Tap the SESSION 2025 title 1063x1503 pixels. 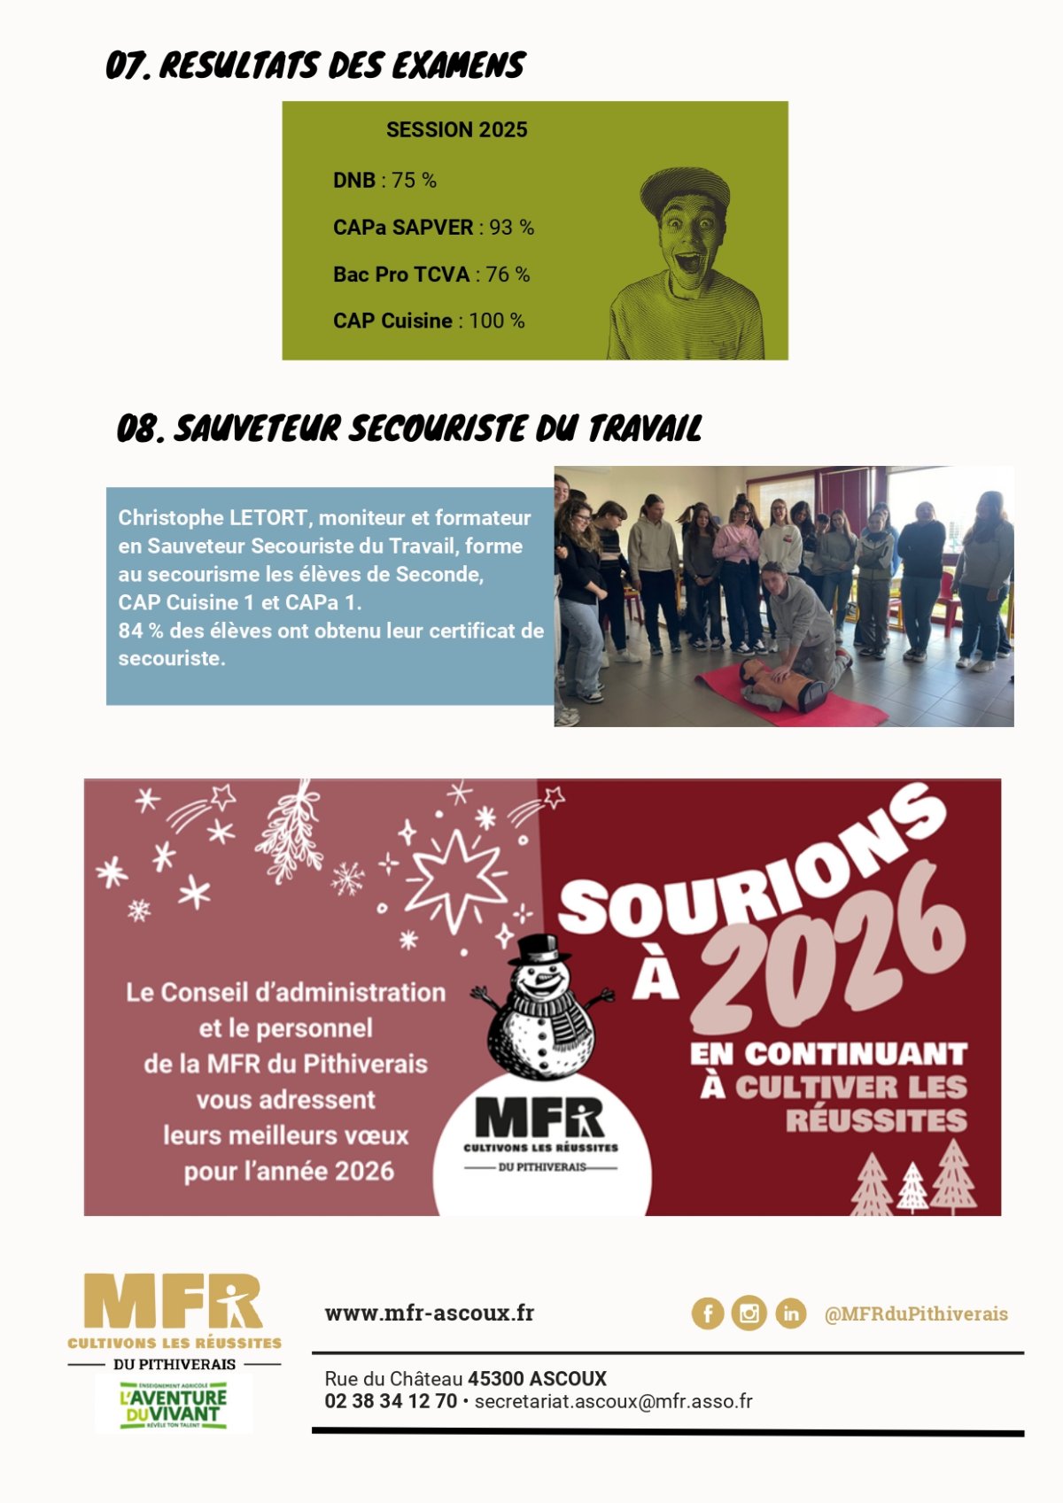(x=456, y=130)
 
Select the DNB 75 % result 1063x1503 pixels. (x=384, y=181)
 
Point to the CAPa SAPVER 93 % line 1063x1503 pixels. (x=433, y=228)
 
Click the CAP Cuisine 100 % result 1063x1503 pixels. (x=429, y=321)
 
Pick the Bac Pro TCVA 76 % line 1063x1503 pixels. (x=431, y=275)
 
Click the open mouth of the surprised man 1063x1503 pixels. (x=687, y=262)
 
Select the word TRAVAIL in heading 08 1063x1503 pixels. (x=644, y=429)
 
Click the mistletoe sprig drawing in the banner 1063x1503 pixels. (x=290, y=833)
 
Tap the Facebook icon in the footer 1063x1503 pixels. (x=708, y=1313)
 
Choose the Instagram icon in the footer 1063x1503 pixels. (x=749, y=1313)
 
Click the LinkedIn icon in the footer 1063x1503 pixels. (x=790, y=1313)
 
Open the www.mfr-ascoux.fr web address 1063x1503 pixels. (x=430, y=1313)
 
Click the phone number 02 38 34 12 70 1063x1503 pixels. (x=391, y=1401)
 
